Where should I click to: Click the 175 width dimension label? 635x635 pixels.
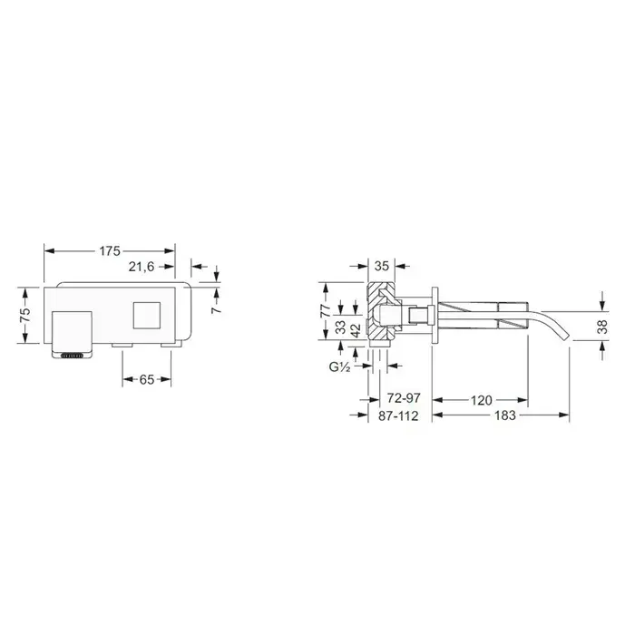[110, 251]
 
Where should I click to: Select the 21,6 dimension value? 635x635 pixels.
[142, 267]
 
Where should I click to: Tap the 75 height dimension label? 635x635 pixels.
[25, 315]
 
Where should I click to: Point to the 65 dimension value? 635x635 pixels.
[147, 379]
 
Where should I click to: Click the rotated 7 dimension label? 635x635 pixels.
[217, 308]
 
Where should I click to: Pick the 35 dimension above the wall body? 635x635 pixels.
[382, 266]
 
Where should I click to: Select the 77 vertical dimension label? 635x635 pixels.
[326, 311]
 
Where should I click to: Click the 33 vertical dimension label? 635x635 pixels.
[340, 327]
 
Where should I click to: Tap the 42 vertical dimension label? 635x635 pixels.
[356, 330]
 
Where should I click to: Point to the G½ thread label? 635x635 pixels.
[339, 366]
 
